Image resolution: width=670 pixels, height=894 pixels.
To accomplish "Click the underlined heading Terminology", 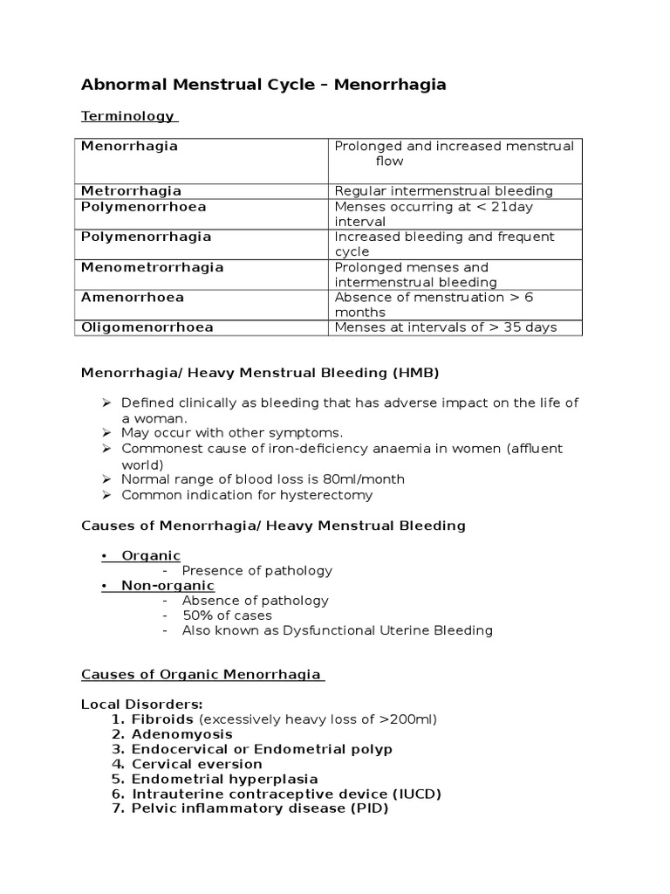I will tap(127, 116).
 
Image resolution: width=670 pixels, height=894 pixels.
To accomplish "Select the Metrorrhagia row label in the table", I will tap(131, 191).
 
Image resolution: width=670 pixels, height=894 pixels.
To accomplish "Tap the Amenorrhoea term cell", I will tap(132, 298).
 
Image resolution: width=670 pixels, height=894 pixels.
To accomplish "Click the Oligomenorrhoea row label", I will tap(147, 327).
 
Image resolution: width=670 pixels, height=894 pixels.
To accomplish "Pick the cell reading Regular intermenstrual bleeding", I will tap(443, 191).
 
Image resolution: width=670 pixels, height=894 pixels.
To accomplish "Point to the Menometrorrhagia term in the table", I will tap(152, 267).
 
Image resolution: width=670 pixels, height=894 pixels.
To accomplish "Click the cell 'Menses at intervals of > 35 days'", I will tap(446, 327).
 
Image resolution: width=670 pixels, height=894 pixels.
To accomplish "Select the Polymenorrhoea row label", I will tap(143, 207).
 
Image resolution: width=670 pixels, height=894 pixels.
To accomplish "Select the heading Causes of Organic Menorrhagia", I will tap(202, 675).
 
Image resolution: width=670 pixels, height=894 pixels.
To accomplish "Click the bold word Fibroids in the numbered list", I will tap(162, 719).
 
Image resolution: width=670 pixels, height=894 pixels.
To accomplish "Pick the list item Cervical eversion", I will tap(196, 764).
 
